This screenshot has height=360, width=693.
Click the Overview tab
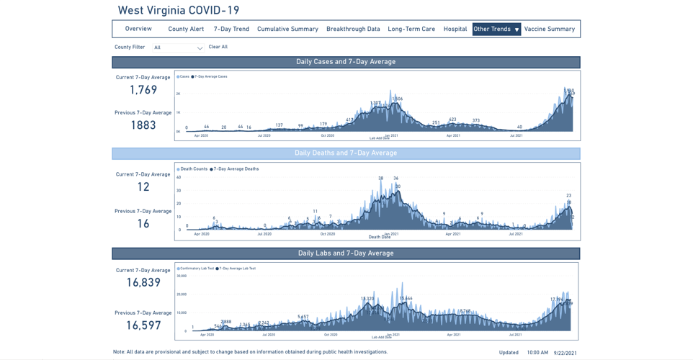click(x=138, y=29)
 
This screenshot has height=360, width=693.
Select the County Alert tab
click(x=186, y=30)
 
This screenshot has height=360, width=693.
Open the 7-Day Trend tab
click(x=231, y=30)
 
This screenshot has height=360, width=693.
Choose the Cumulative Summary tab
click(x=287, y=30)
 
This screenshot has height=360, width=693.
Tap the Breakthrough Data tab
click(x=353, y=30)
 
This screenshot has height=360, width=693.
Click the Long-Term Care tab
click(x=411, y=30)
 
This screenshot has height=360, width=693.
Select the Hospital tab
click(x=455, y=30)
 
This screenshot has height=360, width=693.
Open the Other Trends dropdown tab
click(x=496, y=30)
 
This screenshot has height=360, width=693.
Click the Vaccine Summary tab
click(x=550, y=30)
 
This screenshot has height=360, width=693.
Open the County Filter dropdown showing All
click(x=178, y=48)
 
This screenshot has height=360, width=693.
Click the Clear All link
click(x=218, y=47)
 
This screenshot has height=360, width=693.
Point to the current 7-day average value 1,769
click(x=143, y=90)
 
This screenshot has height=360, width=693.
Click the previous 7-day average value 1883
click(x=143, y=125)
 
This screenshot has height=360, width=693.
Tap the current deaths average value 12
click(x=143, y=187)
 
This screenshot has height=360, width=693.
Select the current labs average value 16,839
click(x=143, y=283)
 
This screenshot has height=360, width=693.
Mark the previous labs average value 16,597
click(x=143, y=325)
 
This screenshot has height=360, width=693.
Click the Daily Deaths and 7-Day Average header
click(x=346, y=153)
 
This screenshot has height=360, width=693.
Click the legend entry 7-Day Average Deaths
click(x=236, y=169)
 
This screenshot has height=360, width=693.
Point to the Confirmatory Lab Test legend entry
click(x=197, y=269)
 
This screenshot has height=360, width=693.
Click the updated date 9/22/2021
click(x=565, y=353)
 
